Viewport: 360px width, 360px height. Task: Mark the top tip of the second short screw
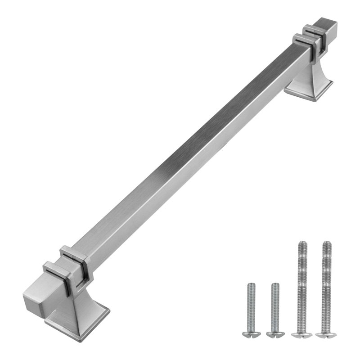(274, 285)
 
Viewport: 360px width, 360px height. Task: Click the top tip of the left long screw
(301, 244)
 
